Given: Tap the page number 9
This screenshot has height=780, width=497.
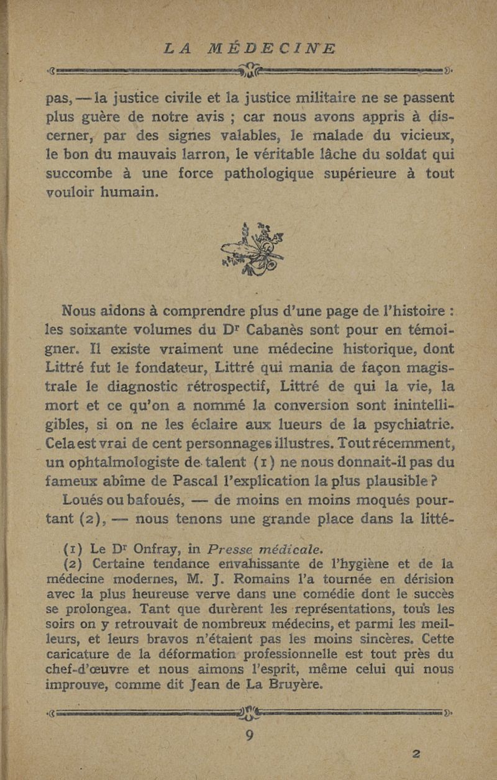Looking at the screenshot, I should point(250,735).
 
